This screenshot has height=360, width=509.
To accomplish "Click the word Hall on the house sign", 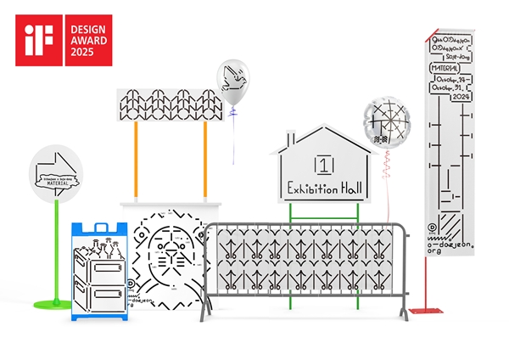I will tap(349, 188).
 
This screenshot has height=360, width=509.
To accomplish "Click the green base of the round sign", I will tap(54, 302).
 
